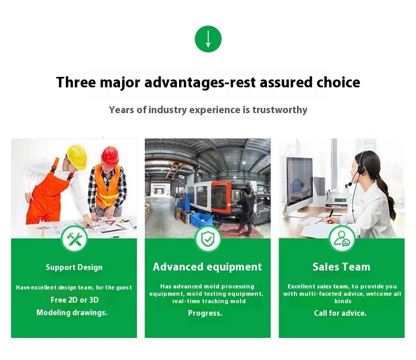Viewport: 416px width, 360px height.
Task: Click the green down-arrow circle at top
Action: click(208, 39)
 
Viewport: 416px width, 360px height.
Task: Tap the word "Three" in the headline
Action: click(76, 82)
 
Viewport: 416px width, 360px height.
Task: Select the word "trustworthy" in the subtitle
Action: click(280, 110)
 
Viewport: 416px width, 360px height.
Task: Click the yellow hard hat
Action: click(77, 157)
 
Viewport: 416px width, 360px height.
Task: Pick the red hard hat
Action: click(110, 156)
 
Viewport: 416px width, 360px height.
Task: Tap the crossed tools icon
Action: click(74, 239)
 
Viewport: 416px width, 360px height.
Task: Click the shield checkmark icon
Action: click(207, 239)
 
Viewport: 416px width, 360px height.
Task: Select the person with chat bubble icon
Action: click(342, 239)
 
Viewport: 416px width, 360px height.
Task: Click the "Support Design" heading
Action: click(74, 267)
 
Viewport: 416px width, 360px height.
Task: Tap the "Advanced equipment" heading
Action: click(207, 267)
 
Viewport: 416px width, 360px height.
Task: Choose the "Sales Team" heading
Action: click(341, 267)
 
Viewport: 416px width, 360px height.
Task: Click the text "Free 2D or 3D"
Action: click(75, 300)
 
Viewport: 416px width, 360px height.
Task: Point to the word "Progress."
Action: click(205, 313)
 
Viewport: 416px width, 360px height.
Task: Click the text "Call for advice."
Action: click(340, 313)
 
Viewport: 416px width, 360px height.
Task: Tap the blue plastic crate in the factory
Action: click(202, 219)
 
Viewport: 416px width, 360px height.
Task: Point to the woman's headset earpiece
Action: click(361, 169)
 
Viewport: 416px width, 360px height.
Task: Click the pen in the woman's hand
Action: click(330, 215)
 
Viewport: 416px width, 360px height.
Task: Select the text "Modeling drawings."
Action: click(72, 313)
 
